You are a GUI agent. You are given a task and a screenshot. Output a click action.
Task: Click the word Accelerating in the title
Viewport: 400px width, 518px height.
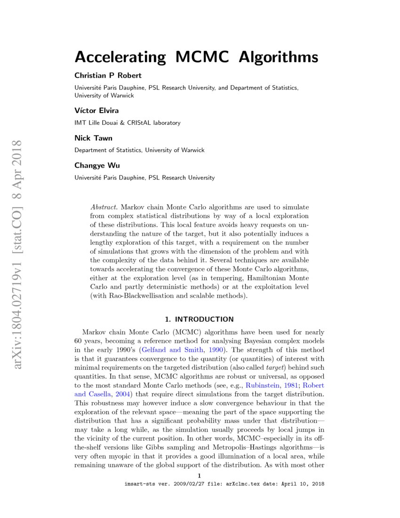pyautogui.click(x=120, y=57)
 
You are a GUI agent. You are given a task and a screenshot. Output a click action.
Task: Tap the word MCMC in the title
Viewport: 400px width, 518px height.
pyautogui.click(x=202, y=57)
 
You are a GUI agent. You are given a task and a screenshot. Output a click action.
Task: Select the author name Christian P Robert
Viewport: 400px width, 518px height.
pyautogui.click(x=108, y=75)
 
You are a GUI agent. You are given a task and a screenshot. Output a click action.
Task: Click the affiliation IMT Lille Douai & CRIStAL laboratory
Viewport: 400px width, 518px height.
pyautogui.click(x=127, y=123)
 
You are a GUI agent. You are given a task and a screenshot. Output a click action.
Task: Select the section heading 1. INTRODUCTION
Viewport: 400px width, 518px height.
pyautogui.click(x=200, y=319)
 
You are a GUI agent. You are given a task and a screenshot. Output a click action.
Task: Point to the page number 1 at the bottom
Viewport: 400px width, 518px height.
pyautogui.click(x=200, y=476)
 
